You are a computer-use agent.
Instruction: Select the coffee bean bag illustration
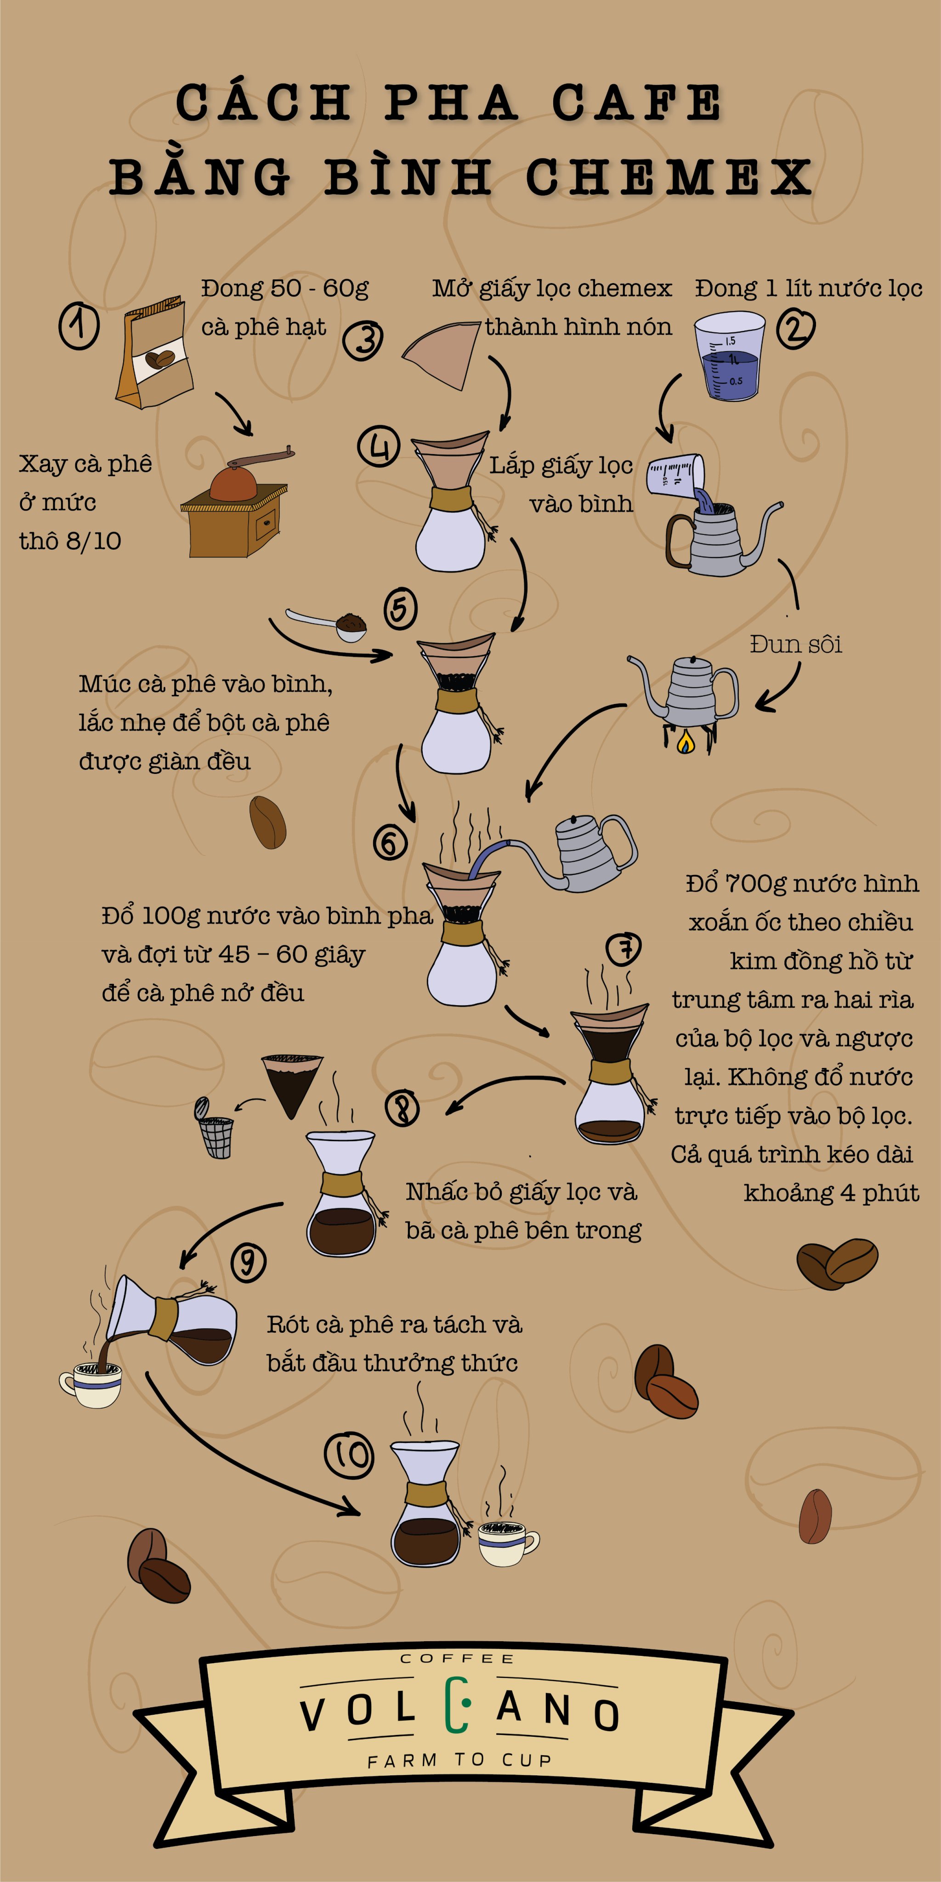coord(154,352)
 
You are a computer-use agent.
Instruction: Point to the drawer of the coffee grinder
coord(266,523)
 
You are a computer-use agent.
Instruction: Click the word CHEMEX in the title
coord(669,177)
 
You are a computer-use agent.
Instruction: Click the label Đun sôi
coord(796,644)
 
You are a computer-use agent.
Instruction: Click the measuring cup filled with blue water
coord(729,356)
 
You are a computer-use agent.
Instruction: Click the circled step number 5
coord(400,608)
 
